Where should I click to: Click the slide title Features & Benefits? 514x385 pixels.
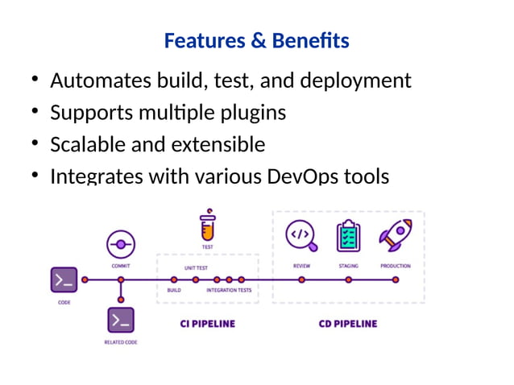(256, 40)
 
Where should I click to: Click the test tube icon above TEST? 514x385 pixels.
(208, 226)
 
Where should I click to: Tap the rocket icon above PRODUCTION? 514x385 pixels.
(395, 235)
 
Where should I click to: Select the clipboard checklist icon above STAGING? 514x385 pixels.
(348, 235)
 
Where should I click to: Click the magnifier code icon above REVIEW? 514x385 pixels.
(301, 235)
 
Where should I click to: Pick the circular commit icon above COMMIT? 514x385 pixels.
(121, 243)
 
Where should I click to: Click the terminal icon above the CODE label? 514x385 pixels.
(64, 280)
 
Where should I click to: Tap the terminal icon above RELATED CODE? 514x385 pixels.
(121, 320)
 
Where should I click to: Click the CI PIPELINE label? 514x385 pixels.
(207, 324)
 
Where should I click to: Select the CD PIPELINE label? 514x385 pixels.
(348, 324)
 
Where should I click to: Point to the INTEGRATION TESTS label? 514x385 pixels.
(229, 290)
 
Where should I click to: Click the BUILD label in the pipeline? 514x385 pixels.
(174, 290)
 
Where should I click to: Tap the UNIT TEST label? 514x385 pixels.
(197, 267)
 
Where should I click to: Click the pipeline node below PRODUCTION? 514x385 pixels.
(396, 280)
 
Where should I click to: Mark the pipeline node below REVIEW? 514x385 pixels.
(301, 280)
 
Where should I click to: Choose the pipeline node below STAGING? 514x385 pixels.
(348, 280)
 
